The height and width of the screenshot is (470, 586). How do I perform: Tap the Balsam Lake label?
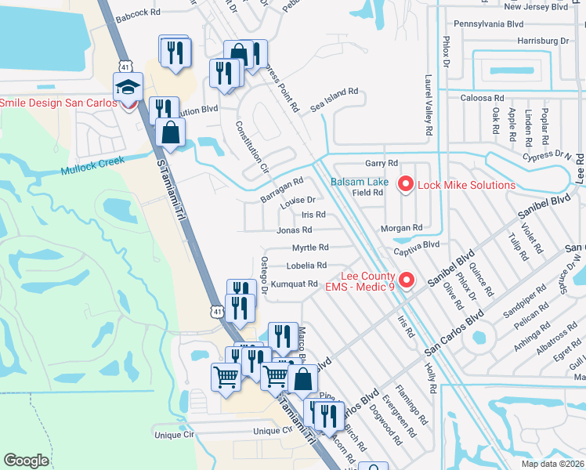click(x=359, y=182)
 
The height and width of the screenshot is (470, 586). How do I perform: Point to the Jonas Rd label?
click(x=295, y=230)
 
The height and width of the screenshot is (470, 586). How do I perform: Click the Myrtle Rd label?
click(x=310, y=248)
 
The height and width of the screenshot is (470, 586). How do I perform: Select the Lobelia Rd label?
click(x=311, y=266)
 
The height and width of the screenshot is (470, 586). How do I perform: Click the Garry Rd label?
click(x=382, y=163)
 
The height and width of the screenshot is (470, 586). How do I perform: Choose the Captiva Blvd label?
click(x=420, y=244)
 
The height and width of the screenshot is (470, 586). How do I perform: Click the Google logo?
click(x=27, y=461)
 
